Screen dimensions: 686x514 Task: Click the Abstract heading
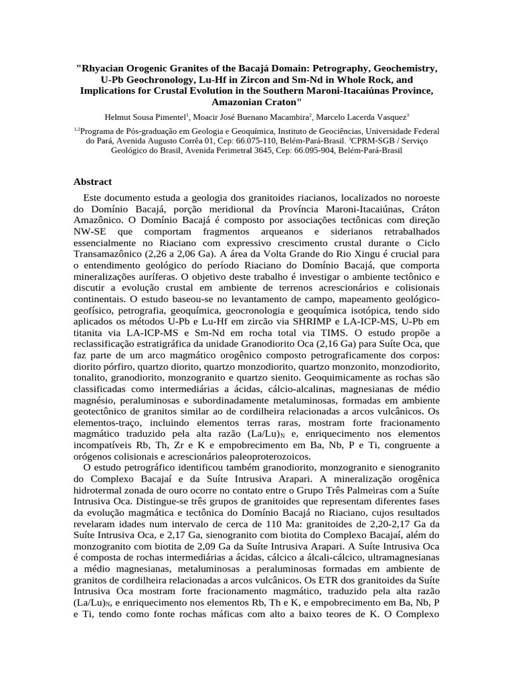coord(92,182)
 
